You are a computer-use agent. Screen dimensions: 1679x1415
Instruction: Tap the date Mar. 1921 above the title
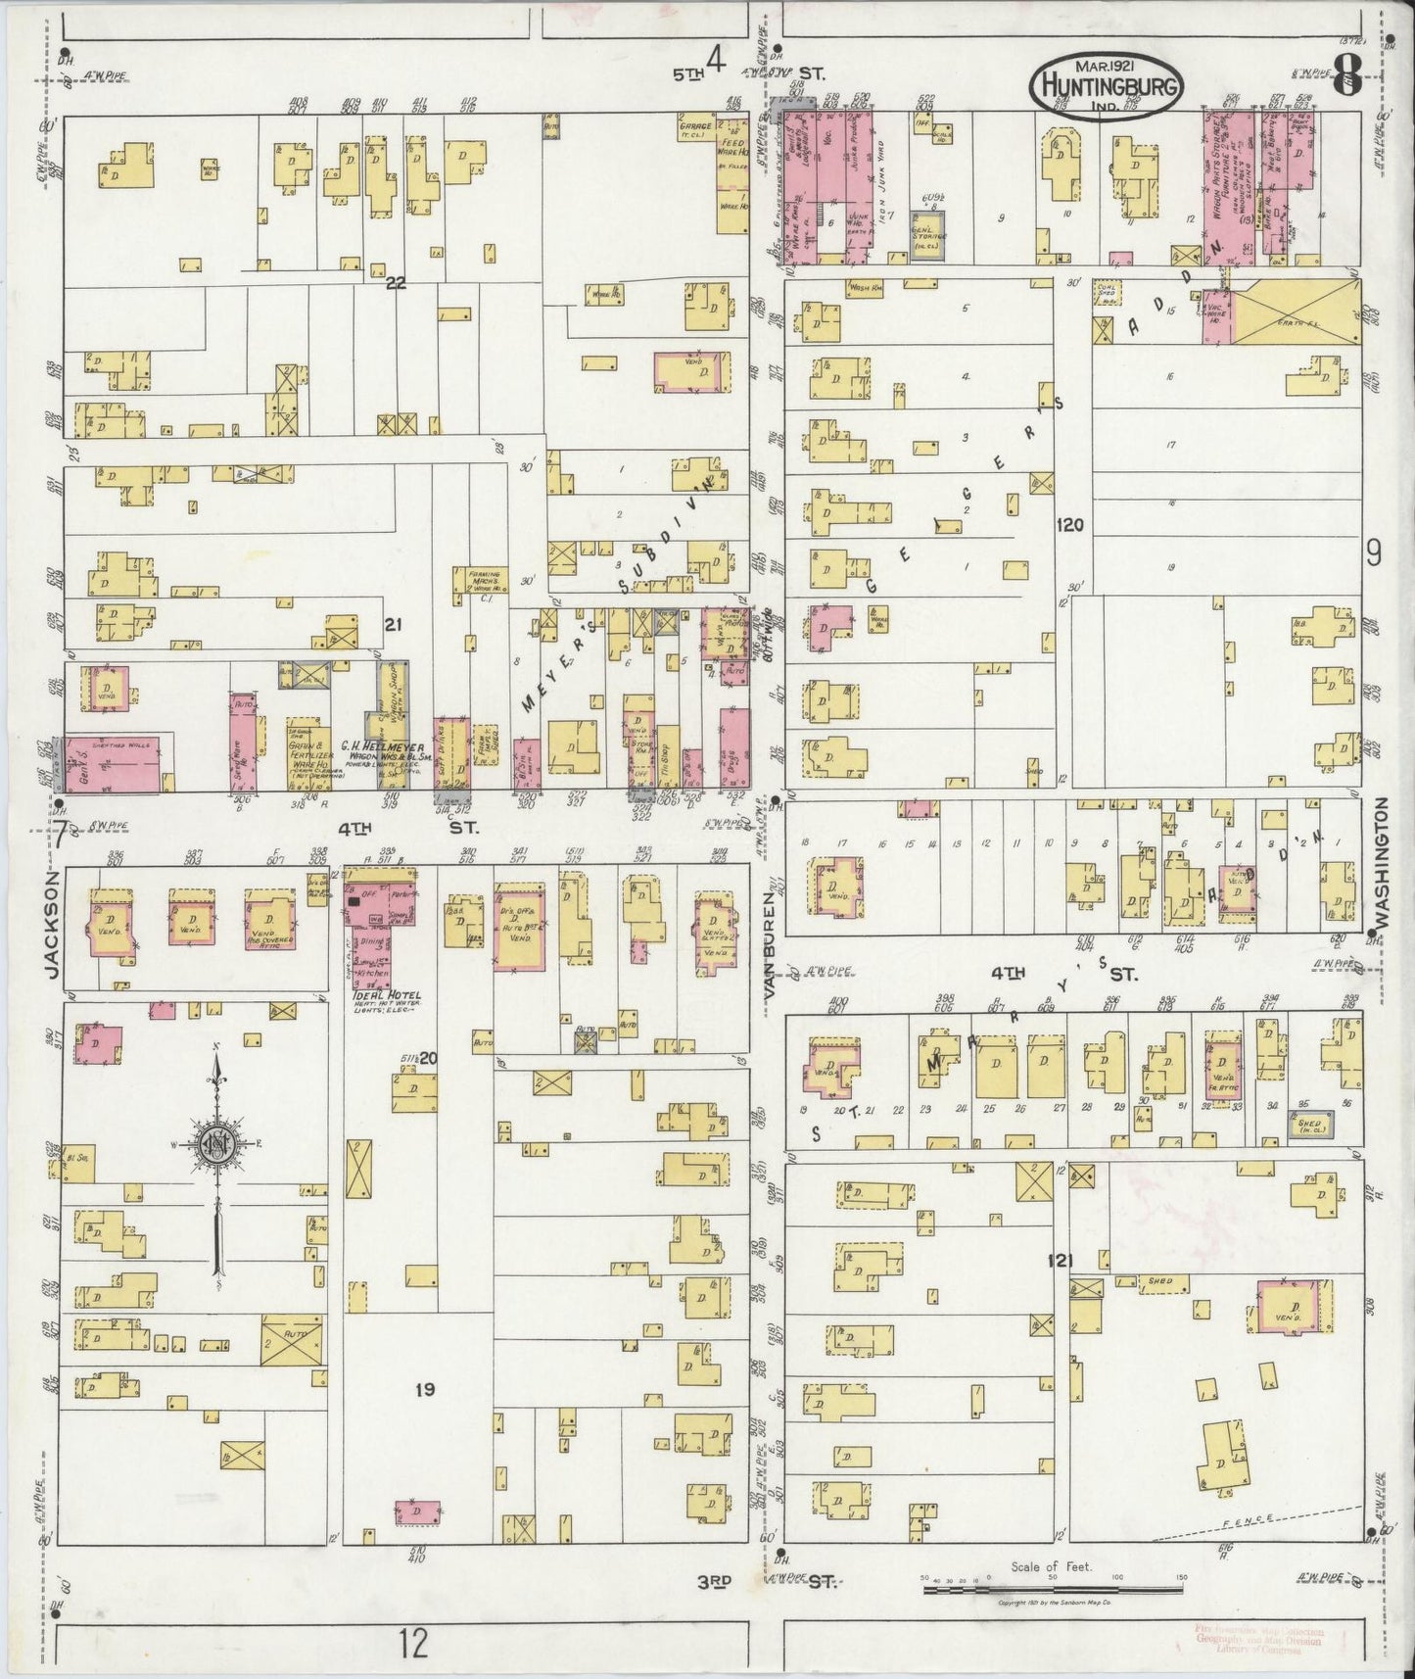(x=1105, y=67)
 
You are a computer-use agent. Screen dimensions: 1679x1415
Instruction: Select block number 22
(x=396, y=284)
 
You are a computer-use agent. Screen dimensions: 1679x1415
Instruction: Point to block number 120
(x=1070, y=525)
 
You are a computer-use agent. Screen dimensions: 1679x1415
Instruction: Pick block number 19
(x=424, y=1389)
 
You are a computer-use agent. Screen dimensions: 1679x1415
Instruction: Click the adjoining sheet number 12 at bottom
(x=413, y=1644)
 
